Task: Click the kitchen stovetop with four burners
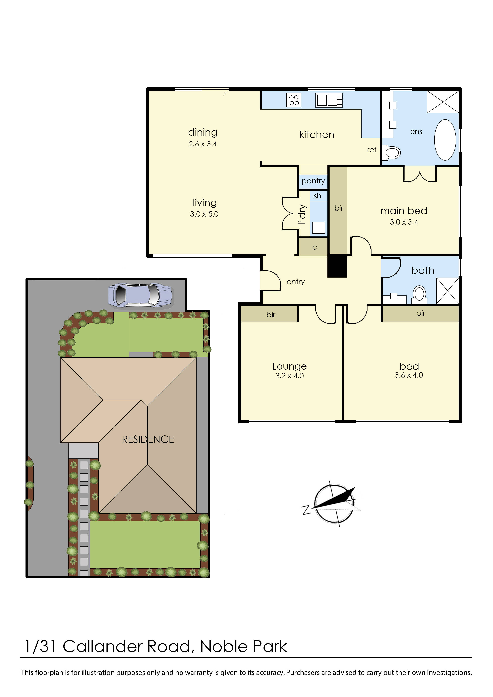tap(294, 100)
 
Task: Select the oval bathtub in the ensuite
tap(445, 140)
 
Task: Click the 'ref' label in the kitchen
tap(372, 150)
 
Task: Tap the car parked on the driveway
tap(141, 295)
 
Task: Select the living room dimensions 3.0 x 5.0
tap(204, 214)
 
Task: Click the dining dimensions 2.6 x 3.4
tap(203, 144)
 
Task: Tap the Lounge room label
tap(289, 366)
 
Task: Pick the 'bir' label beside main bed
tap(339, 208)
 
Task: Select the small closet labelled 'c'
tap(313, 247)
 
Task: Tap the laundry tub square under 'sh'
tap(318, 228)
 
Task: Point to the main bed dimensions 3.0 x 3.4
tap(404, 222)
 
